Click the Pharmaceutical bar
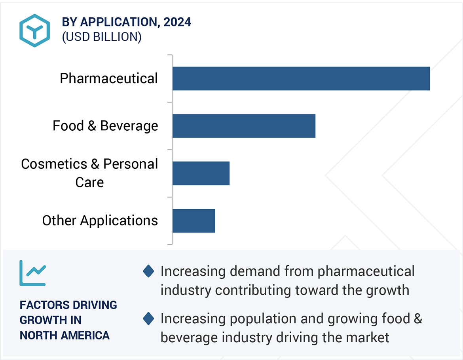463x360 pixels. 301,78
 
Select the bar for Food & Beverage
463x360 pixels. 244,126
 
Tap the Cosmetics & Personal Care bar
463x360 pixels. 201,173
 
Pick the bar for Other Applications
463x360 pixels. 194,221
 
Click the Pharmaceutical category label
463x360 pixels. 109,78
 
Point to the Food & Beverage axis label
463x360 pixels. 105,126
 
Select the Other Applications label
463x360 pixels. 100,221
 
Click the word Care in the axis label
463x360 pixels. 89,183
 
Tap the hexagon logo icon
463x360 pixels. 34,30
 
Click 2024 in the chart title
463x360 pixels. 177,22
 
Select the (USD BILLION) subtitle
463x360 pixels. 102,37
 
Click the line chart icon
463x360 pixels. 33,272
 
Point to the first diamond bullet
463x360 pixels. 148,271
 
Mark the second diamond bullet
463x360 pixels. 148,318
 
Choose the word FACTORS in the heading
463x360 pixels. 43,305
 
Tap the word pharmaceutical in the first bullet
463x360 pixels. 366,271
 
